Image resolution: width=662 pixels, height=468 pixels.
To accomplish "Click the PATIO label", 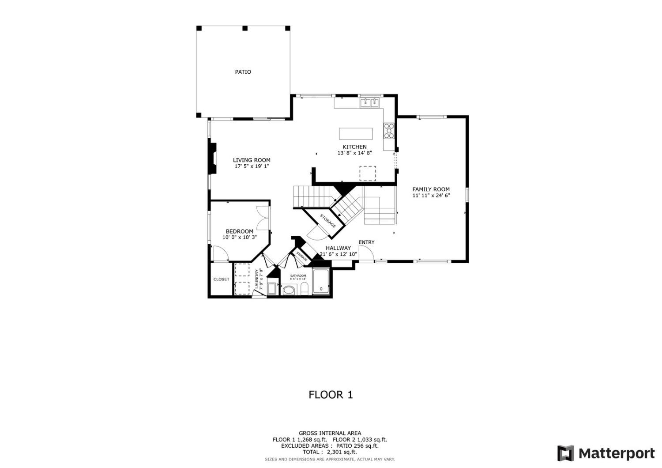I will pyautogui.click(x=243, y=72).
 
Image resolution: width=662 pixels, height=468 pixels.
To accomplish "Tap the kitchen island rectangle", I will pyautogui.click(x=355, y=133).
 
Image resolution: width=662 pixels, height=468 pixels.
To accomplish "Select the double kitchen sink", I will pyautogui.click(x=369, y=103).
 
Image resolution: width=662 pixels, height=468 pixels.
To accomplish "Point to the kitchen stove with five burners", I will pyautogui.click(x=389, y=131).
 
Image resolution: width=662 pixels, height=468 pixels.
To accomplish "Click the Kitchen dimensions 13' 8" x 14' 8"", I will pyautogui.click(x=354, y=153).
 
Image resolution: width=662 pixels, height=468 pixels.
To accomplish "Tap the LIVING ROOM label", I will pyautogui.click(x=252, y=160).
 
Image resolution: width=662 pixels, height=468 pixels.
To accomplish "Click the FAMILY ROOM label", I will pyautogui.click(x=431, y=189).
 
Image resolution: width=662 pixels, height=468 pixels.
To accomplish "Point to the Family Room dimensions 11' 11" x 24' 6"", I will pyautogui.click(x=431, y=195).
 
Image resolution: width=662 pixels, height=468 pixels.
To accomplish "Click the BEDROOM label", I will pyautogui.click(x=239, y=231).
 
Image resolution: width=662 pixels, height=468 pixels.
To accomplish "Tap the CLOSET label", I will pyautogui.click(x=221, y=279).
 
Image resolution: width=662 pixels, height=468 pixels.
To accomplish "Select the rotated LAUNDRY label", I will pyautogui.click(x=257, y=279).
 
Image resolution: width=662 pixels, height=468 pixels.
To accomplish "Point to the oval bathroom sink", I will pyautogui.click(x=289, y=290).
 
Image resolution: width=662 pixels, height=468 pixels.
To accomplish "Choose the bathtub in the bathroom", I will pyautogui.click(x=321, y=281).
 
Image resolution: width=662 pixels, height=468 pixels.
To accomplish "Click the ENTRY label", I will pyautogui.click(x=366, y=242).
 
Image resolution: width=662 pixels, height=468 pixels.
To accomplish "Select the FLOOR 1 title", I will pyautogui.click(x=331, y=395).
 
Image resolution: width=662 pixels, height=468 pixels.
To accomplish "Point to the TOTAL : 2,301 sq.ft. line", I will pyautogui.click(x=330, y=452).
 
